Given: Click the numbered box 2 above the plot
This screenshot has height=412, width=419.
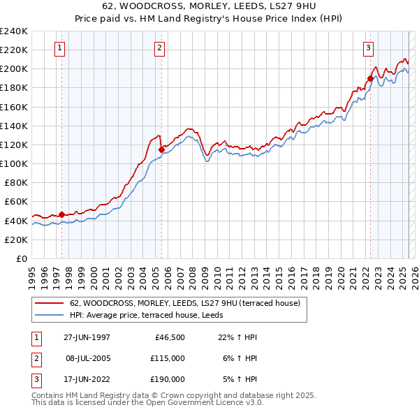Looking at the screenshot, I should pos(160,48).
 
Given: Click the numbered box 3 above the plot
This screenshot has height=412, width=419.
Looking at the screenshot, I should pos(368,48).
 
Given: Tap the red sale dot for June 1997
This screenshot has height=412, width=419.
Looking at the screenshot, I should pos(61,214).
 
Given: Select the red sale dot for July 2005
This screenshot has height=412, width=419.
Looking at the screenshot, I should pos(161,149).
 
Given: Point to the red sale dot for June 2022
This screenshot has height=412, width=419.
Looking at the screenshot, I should pos(370,78).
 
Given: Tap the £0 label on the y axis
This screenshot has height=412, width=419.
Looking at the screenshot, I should pos(21,258).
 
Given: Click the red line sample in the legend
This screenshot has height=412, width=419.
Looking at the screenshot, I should pos(48,303).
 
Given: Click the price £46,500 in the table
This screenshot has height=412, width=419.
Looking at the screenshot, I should pos(169,337).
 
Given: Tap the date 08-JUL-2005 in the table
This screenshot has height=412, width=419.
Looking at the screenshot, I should pos(87,358).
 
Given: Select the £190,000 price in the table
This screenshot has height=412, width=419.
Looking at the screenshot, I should pos(168,379).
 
